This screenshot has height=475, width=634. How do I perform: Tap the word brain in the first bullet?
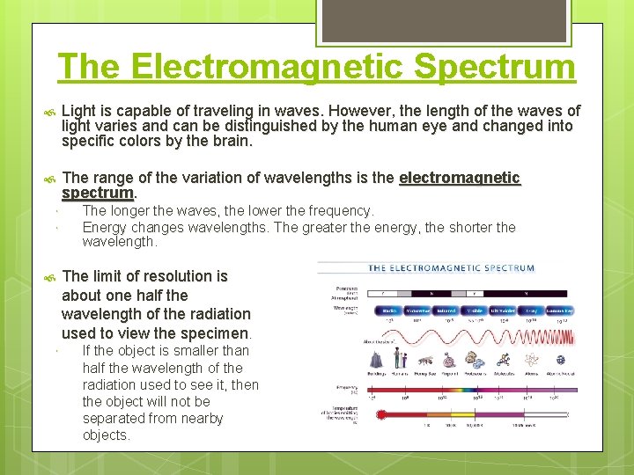(x=232, y=141)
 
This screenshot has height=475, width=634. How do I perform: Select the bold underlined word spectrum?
(x=97, y=192)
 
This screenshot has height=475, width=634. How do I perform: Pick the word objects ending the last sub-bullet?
(x=106, y=435)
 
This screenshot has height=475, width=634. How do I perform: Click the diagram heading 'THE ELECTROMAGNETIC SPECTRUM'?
(x=451, y=267)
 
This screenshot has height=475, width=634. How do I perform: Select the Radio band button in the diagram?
(x=390, y=310)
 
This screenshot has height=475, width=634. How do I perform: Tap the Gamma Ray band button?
(x=560, y=310)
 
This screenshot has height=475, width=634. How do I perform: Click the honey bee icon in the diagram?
(x=424, y=358)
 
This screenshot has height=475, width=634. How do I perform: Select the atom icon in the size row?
(x=532, y=358)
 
